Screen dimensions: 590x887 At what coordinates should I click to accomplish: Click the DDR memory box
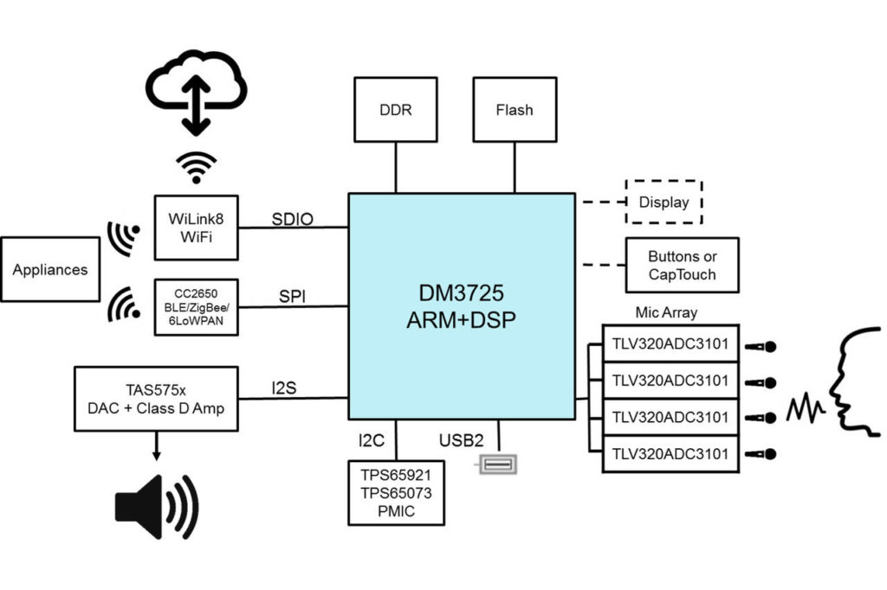coord(396,110)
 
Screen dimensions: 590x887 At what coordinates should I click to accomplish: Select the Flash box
coord(515,110)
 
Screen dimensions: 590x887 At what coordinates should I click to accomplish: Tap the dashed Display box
coord(664,202)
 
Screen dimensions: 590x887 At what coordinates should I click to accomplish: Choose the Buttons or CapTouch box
coord(683,265)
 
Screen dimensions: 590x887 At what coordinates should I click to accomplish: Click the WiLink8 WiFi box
coord(196,228)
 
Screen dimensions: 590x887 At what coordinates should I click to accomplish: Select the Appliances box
coord(50,269)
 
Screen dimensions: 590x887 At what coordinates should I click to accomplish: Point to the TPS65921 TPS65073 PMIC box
coord(396,492)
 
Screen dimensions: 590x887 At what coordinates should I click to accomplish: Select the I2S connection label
coord(283,388)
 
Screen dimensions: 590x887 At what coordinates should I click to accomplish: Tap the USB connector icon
coord(499,465)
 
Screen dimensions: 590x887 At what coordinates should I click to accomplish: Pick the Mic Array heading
coord(665,312)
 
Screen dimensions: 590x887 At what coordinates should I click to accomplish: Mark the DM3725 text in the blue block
coord(461,293)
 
